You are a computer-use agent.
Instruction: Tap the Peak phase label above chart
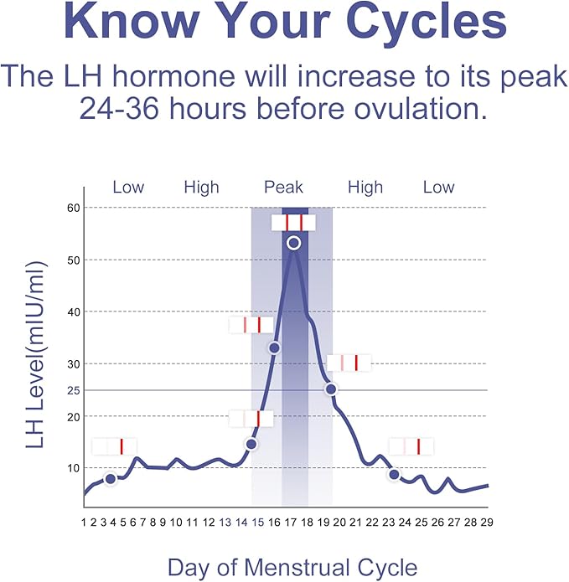tap(283, 187)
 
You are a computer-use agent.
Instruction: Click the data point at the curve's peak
tap(293, 243)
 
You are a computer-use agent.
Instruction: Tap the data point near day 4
tap(111, 478)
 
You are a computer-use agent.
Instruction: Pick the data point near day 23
tap(394, 475)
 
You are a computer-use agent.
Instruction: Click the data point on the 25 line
tap(331, 389)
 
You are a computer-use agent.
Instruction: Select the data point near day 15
tap(251, 444)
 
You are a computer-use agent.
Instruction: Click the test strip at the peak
tap(293, 222)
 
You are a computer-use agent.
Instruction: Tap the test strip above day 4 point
tap(114, 446)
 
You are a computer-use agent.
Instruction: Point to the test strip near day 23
tap(411, 446)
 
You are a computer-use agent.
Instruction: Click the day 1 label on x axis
tap(84, 523)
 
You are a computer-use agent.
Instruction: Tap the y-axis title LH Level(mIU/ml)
tap(35, 353)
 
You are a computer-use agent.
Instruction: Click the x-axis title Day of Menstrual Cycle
tap(292, 567)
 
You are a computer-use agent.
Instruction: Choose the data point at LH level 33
tap(273, 348)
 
